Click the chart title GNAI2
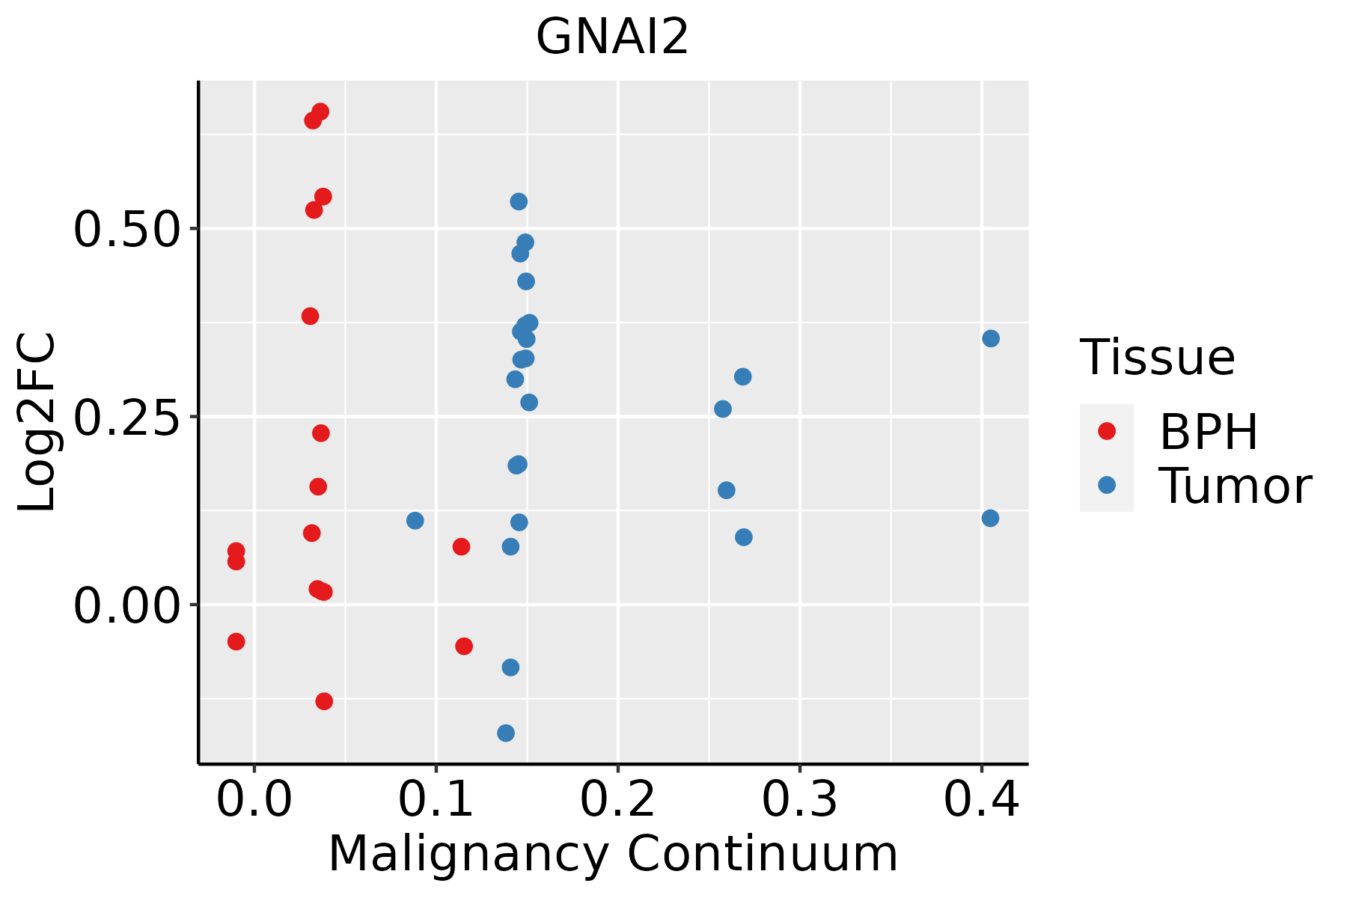611,37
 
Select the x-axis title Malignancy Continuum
612,854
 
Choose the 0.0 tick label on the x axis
254,800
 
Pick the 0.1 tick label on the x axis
436,800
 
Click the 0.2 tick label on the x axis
618,800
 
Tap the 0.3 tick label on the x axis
800,800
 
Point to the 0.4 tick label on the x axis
981,800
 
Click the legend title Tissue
1158,358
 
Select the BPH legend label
1209,432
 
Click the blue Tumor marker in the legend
1106,485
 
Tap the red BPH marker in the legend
1106,431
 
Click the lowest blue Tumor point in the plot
506,733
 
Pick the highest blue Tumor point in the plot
519,201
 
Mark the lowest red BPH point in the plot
324,701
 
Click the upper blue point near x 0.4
991,338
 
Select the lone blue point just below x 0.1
415,520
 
